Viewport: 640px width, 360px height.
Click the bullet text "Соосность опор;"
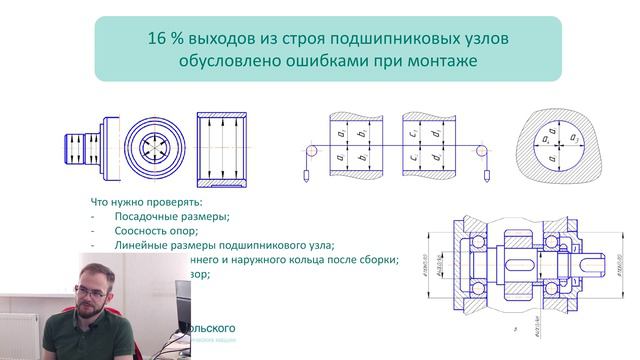pos(158,231)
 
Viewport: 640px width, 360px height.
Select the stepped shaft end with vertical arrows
pos(81,147)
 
